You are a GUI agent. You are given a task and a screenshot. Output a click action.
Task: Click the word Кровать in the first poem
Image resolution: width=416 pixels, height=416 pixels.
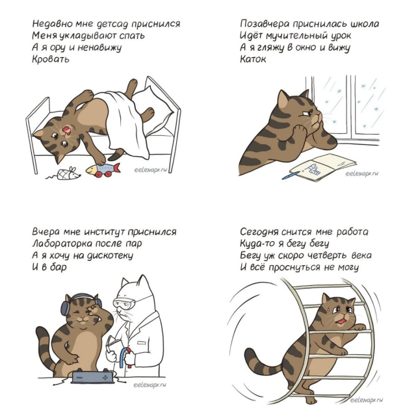(x=51, y=58)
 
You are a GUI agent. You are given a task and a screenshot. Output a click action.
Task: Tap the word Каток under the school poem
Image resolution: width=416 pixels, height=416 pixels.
(x=253, y=58)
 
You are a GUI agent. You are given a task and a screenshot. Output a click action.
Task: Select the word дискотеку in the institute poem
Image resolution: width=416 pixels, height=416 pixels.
(x=110, y=255)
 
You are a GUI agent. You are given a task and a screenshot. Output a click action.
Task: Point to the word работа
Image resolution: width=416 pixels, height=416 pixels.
(x=352, y=232)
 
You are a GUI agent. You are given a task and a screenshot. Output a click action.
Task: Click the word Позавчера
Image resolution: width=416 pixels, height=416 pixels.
(x=265, y=24)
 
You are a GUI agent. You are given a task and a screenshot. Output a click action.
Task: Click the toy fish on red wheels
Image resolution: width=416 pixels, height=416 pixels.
(x=103, y=170)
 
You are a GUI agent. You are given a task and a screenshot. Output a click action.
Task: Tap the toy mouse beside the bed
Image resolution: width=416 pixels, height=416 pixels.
(x=65, y=174)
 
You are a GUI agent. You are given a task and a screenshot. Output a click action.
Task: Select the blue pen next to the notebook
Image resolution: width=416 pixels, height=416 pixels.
(x=291, y=175)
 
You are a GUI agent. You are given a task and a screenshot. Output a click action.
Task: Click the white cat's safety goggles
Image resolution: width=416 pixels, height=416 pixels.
(x=124, y=303)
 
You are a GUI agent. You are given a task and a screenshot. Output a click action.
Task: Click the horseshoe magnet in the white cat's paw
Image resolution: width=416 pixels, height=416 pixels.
(x=125, y=357)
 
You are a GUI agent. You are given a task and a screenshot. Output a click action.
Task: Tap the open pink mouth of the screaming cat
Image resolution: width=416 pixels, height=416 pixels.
(x=66, y=130)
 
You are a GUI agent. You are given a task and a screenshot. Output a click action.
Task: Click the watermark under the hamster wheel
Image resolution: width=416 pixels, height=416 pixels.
(x=366, y=400)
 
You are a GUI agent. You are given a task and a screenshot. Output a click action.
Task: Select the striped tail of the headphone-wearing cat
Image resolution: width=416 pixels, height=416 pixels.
(x=45, y=350)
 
